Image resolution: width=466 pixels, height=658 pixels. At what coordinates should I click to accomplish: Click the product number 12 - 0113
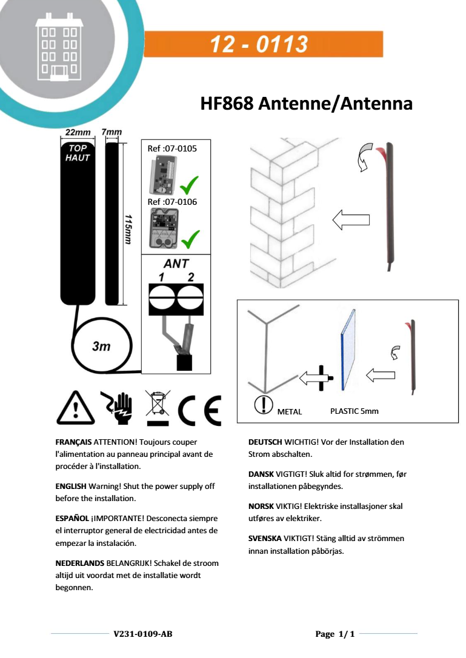pos(259,45)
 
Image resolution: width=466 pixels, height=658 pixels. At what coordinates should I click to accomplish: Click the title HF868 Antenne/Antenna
pos(306,104)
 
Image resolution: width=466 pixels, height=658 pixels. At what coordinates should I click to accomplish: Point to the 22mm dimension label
pos(78,133)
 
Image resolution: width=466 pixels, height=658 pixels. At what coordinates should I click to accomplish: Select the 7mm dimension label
pos(112,133)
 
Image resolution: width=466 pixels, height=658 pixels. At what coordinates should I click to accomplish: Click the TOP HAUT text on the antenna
pos(78,153)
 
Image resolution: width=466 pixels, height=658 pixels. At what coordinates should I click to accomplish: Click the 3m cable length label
pos(101,347)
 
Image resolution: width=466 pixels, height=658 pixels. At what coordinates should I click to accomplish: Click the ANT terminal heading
pos(176,264)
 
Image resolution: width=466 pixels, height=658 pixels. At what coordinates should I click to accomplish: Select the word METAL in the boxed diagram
pos(290,411)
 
